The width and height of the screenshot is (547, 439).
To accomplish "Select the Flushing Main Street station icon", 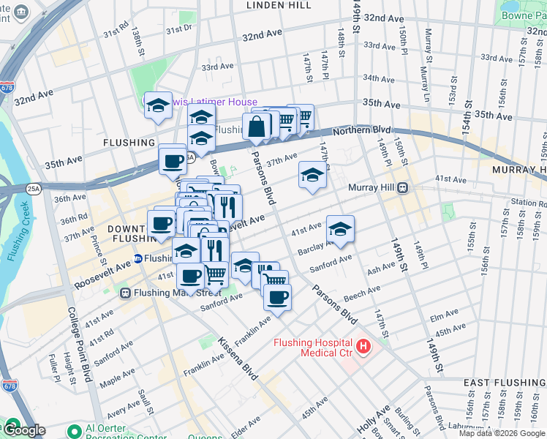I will pos(125,293).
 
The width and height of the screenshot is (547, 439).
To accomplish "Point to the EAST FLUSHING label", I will pos(505,383).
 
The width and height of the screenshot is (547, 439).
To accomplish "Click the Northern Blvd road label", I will pos(358,130).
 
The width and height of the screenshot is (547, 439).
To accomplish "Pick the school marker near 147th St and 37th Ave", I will pos(312,176).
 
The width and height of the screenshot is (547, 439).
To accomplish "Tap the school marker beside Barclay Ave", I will pos(340,230).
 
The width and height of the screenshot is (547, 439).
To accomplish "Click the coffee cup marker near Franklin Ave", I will pos(277,297).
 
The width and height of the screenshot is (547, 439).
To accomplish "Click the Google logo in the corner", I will pos(23,430).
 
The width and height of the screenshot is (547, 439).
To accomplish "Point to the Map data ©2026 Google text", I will pos(502,433).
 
